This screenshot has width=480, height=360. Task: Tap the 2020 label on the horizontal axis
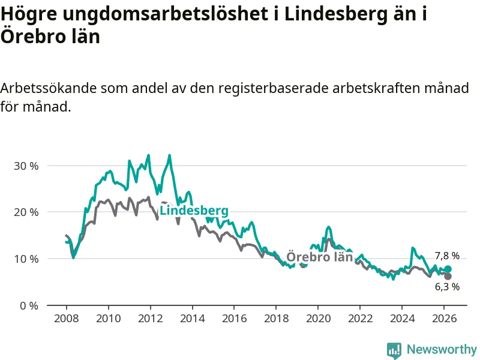(x=318, y=318)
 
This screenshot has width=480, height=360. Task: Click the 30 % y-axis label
(x=26, y=166)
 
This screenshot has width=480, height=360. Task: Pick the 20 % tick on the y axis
(x=26, y=212)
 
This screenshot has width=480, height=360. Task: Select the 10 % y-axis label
(x=26, y=259)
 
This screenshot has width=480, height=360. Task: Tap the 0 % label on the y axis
(x=28, y=305)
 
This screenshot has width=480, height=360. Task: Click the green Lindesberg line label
(x=194, y=211)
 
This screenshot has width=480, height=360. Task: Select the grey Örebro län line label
(x=319, y=257)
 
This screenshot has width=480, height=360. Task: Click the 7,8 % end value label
(x=447, y=256)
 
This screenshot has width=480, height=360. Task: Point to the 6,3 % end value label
(x=447, y=287)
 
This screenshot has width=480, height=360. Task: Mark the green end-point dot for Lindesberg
(x=448, y=269)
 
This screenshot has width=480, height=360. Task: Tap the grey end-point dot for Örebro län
(x=448, y=276)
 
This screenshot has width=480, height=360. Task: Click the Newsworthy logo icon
(x=394, y=349)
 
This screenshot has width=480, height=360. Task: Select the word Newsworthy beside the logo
(x=442, y=349)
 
